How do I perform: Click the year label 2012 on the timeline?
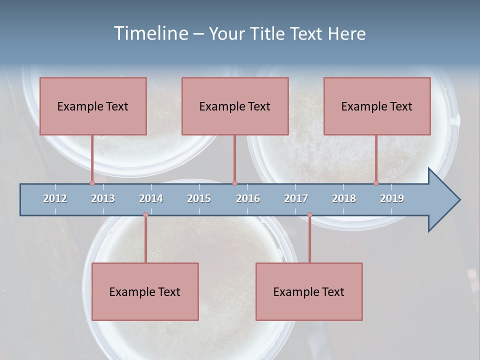click(55, 198)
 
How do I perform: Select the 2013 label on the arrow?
click(103, 198)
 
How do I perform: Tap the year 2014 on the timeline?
click(151, 198)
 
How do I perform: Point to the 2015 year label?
click(199, 198)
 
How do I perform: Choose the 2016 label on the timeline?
click(248, 198)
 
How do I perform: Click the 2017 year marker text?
click(296, 198)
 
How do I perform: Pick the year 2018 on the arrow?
click(344, 198)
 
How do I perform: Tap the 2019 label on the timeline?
click(392, 198)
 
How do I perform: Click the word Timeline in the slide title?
click(150, 33)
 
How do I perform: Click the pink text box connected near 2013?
click(93, 106)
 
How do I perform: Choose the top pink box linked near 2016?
click(235, 106)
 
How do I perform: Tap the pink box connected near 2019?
click(377, 106)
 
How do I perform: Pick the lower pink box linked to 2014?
click(145, 291)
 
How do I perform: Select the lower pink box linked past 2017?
click(309, 291)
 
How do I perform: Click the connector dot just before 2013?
click(92, 183)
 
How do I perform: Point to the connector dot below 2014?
click(145, 215)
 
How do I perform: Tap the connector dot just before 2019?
click(376, 183)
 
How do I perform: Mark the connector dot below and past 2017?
click(309, 215)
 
